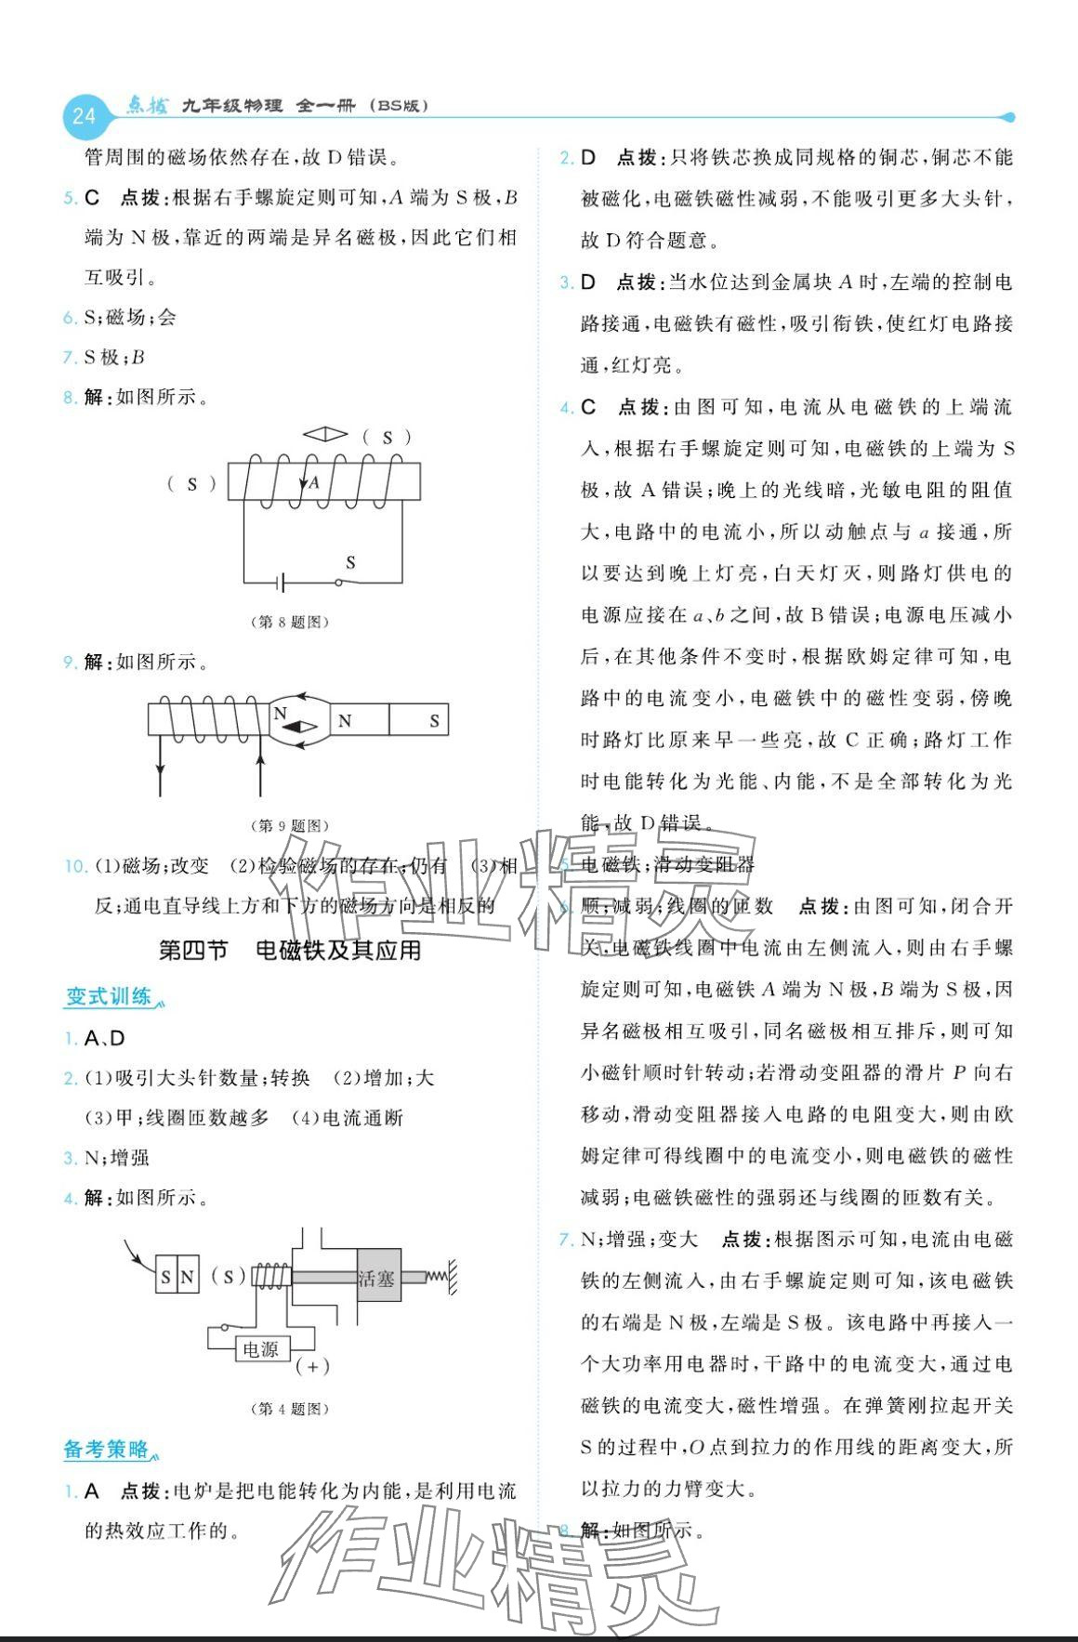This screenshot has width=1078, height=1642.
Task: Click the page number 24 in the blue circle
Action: click(84, 116)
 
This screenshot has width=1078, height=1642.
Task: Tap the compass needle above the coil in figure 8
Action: click(324, 434)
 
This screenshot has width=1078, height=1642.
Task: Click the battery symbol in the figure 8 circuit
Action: click(280, 584)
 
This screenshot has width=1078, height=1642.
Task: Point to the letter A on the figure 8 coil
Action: click(314, 482)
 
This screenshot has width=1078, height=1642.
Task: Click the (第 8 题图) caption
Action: click(290, 622)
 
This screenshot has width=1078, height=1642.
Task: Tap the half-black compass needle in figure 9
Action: click(298, 729)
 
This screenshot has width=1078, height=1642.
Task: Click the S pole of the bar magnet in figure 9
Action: click(434, 720)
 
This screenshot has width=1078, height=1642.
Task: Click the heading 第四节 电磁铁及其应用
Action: click(290, 950)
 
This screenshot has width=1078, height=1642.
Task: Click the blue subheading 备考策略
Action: click(107, 1449)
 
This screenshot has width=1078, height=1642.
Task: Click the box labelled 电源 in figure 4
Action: click(261, 1348)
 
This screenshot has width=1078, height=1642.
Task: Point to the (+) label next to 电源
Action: click(312, 1366)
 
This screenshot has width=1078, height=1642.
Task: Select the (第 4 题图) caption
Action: click(290, 1409)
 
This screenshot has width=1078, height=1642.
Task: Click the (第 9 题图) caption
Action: click(290, 825)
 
